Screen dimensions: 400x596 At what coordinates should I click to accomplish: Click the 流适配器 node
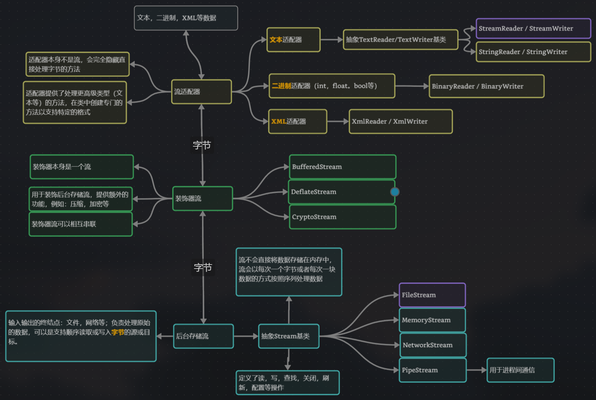tap(201, 92)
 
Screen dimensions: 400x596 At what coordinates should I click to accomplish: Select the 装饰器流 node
tap(202, 198)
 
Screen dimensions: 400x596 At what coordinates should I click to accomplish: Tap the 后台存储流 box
tap(203, 336)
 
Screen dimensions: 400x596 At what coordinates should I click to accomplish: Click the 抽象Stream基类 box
tap(289, 336)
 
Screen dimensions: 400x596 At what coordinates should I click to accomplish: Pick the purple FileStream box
tap(432, 295)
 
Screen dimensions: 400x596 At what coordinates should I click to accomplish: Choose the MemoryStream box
tap(432, 320)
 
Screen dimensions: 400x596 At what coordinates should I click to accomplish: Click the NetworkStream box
tap(433, 345)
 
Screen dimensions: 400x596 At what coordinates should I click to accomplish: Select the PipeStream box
tap(432, 370)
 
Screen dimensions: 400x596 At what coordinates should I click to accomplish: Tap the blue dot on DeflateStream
tap(395, 192)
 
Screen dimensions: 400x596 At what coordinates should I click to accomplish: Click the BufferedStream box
tap(342, 167)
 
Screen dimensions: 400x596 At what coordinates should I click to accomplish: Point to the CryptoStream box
tap(342, 217)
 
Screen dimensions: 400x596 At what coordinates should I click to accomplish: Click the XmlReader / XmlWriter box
tap(400, 121)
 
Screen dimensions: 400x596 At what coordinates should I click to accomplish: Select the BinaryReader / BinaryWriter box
tap(486, 86)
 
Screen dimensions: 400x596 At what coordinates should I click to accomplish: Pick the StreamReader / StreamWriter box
tap(533, 29)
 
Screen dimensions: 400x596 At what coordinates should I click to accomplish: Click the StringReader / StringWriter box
tap(533, 52)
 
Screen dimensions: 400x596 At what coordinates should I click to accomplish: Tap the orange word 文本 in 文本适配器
tap(276, 40)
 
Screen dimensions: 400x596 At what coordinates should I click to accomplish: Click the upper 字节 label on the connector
tap(202, 145)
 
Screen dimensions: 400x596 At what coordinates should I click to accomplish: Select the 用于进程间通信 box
tap(520, 370)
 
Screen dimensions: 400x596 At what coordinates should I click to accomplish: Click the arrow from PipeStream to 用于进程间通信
tap(477, 370)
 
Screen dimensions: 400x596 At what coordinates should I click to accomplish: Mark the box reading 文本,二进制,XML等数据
tap(186, 18)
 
